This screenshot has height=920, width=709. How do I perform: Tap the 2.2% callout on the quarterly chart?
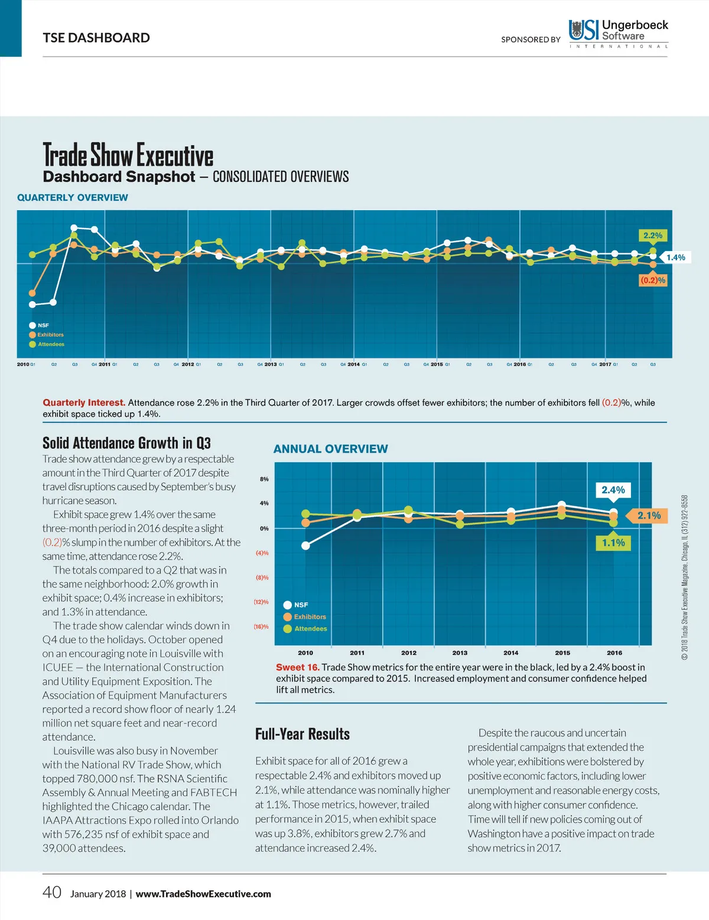(x=652, y=236)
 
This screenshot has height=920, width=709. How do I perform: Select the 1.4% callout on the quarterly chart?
(x=675, y=257)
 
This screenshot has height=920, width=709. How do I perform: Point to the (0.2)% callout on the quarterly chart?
(x=653, y=280)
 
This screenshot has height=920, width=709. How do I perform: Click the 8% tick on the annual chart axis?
(x=264, y=479)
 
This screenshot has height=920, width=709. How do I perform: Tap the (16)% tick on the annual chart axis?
(x=261, y=627)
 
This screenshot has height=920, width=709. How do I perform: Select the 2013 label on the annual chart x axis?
(x=460, y=653)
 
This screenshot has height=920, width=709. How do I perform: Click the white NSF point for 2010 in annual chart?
(x=305, y=546)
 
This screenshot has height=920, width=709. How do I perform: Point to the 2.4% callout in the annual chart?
(x=613, y=490)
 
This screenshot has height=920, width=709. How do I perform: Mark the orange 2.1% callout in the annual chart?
(x=648, y=516)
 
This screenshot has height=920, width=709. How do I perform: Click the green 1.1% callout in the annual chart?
(x=613, y=543)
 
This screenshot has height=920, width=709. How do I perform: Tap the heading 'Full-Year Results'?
(x=303, y=734)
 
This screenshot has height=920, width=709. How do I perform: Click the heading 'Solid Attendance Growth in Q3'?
(x=126, y=443)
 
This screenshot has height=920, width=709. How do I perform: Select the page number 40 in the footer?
(x=52, y=892)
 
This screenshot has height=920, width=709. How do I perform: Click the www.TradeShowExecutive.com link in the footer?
(x=203, y=894)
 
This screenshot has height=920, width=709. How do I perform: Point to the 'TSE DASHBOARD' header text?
(x=96, y=38)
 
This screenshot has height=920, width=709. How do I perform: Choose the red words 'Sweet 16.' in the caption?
(x=298, y=667)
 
